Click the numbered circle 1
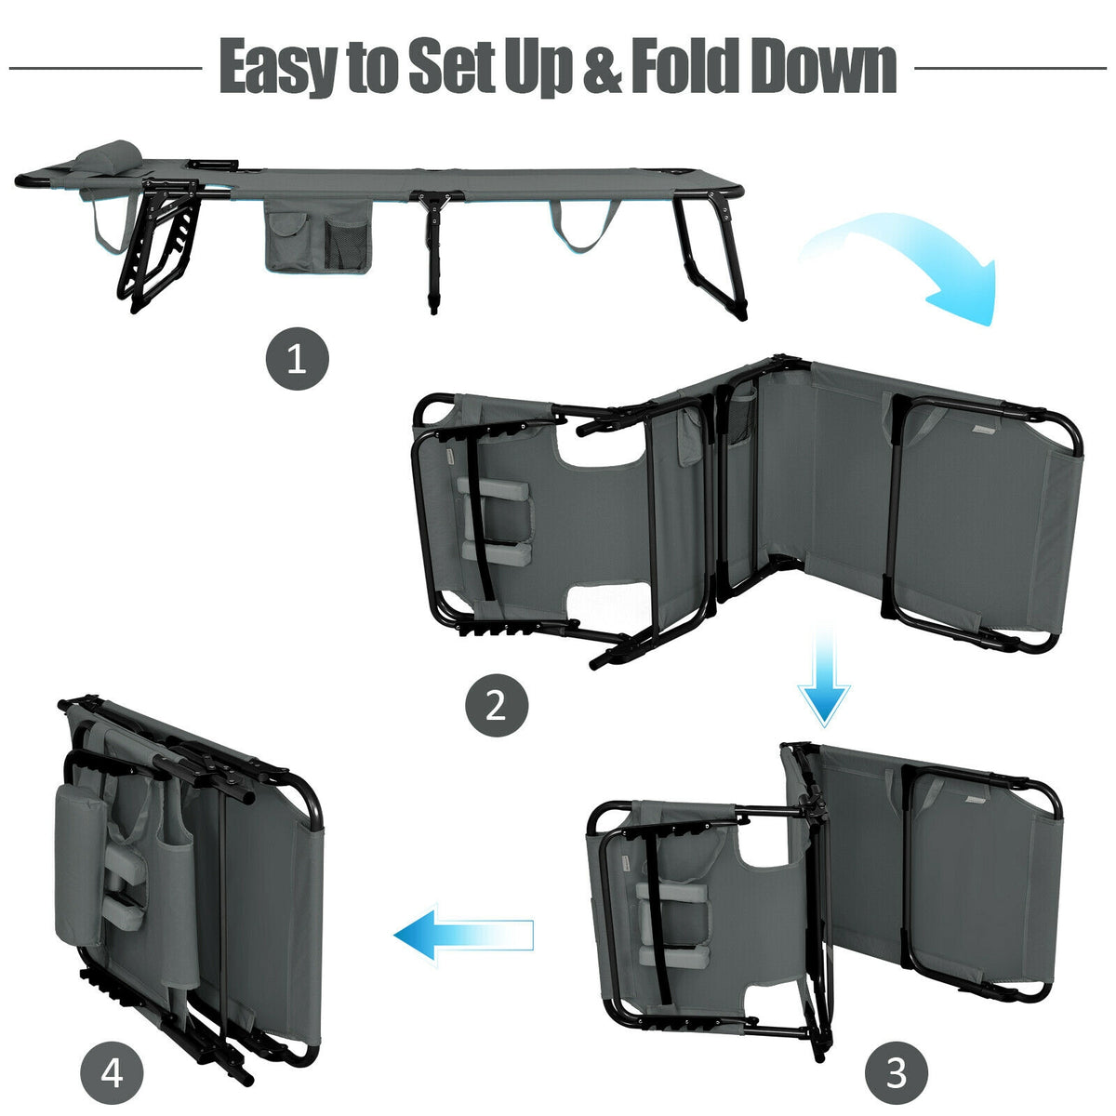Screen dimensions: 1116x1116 pos(297,359)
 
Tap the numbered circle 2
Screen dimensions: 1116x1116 pos(497,705)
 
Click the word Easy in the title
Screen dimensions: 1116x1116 pos(279,66)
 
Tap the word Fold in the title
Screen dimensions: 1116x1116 pos(684,64)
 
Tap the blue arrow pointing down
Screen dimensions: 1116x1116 pos(824,676)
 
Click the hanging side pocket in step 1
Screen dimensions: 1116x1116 pos(317,236)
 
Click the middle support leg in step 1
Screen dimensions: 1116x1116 pos(433,249)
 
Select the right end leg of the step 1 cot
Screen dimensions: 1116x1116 pos(711,255)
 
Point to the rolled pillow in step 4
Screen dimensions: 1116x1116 pos(80,863)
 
